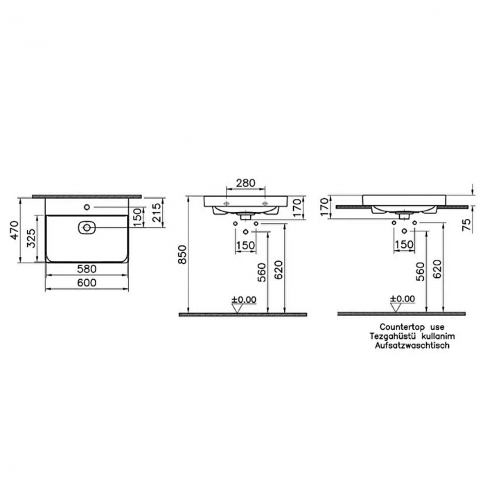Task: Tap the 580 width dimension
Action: (x=87, y=269)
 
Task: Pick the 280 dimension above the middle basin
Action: (x=245, y=184)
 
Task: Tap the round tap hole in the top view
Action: (x=87, y=207)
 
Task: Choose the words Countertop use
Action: (x=412, y=326)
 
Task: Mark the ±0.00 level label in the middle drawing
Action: (x=244, y=299)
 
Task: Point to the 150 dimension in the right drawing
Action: (x=404, y=244)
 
